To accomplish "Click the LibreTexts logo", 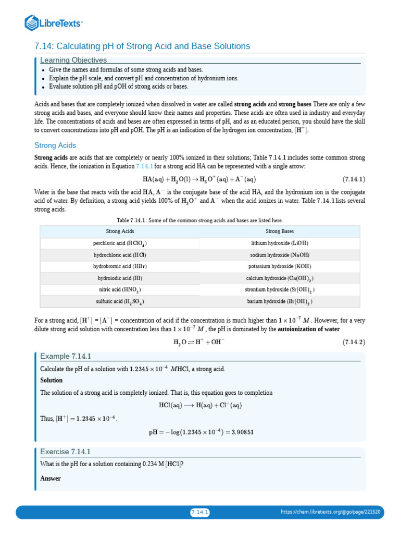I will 54,22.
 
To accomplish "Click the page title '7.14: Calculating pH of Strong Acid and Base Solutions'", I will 142,46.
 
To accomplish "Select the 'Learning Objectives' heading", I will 73,60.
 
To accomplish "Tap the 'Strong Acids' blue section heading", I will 55,145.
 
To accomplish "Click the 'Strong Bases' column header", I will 280,231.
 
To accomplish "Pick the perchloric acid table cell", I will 120,244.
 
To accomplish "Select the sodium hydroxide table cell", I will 280,255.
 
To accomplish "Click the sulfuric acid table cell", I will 120,301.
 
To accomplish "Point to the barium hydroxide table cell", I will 280,301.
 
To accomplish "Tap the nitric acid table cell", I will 120,289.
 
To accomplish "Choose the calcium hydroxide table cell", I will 280,278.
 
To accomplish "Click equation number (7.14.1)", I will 354,178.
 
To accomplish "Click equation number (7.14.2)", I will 354,342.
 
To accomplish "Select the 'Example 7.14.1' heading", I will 66,356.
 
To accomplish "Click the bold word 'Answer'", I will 51,478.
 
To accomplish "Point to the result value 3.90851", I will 240,432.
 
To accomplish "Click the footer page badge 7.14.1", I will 199,512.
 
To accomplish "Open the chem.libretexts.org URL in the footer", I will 330,512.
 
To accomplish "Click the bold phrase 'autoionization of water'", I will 309,329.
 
